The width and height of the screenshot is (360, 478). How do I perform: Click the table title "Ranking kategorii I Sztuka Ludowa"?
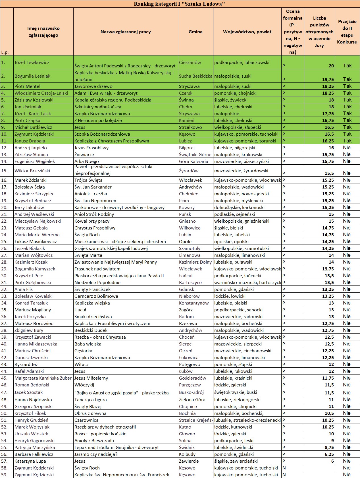(x=180, y=4)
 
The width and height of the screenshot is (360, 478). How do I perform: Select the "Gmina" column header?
(x=195, y=32)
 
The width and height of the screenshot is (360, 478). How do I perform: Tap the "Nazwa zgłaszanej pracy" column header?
(x=126, y=32)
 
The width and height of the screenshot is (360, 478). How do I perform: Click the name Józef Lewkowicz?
(x=32, y=62)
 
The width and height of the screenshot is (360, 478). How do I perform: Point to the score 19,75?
(x=328, y=79)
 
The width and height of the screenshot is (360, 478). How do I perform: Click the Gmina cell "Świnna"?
(x=186, y=100)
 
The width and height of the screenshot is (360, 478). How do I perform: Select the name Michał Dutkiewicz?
(x=33, y=127)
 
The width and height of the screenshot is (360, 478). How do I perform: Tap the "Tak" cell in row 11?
(x=347, y=141)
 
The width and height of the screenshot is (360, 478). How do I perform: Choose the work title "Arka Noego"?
(x=87, y=161)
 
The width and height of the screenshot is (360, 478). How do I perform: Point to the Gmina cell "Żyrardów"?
(x=189, y=171)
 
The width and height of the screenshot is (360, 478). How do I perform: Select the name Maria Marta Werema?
(x=37, y=235)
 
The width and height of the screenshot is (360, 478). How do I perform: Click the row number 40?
(x=4, y=344)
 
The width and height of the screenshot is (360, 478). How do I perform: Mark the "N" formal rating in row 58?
(x=284, y=468)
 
